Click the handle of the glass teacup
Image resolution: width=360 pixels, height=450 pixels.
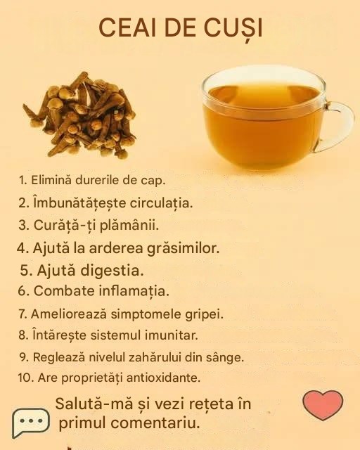pyautogui.click(x=337, y=127)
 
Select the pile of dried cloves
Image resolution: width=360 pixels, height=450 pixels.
pyautogui.click(x=79, y=115)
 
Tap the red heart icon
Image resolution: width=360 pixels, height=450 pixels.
pyautogui.click(x=323, y=405)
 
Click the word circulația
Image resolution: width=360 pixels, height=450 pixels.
pyautogui.click(x=161, y=203)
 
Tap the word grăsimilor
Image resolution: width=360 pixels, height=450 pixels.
pyautogui.click(x=183, y=248)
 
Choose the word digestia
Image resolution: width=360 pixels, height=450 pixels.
pyautogui.click(x=112, y=270)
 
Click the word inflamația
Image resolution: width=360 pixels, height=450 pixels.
pyautogui.click(x=134, y=291)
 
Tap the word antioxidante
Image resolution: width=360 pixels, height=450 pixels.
pyautogui.click(x=163, y=378)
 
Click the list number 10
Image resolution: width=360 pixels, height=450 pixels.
pyautogui.click(x=26, y=378)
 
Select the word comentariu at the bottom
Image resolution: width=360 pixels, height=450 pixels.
pyautogui.click(x=155, y=423)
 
